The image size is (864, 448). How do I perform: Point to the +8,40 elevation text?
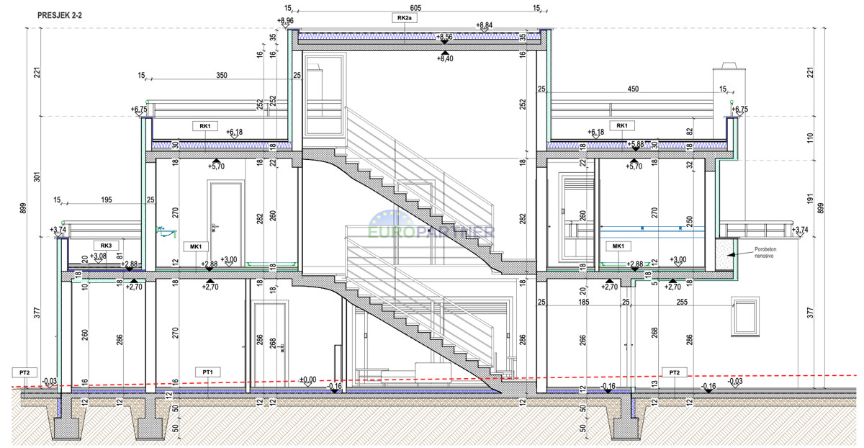[445, 58]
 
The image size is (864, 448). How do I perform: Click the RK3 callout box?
[107, 245]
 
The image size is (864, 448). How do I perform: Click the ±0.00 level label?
[307, 379]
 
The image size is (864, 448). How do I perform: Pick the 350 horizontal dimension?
[222, 75]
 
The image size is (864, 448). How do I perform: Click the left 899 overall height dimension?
[28, 209]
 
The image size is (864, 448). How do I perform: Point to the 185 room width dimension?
[584, 303]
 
